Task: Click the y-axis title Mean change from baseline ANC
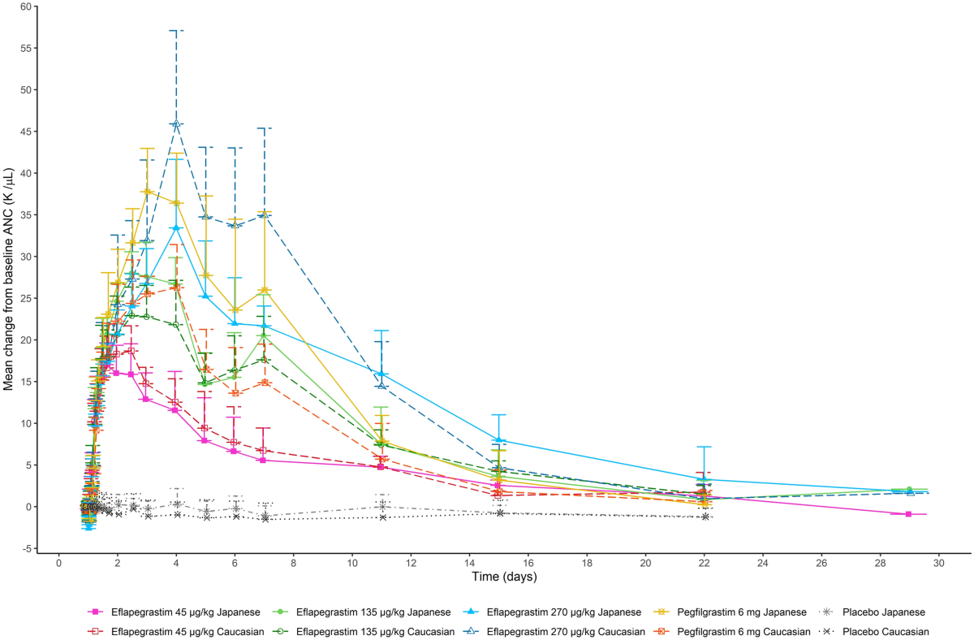click(9, 279)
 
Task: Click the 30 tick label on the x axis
click(939, 562)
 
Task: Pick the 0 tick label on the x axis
click(58, 562)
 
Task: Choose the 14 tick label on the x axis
click(469, 562)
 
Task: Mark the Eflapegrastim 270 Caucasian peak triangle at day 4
click(176, 123)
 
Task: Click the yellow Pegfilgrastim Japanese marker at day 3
click(147, 192)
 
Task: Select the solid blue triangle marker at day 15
click(499, 439)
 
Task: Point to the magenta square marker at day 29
click(909, 514)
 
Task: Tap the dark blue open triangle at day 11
click(381, 385)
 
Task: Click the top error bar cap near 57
click(176, 31)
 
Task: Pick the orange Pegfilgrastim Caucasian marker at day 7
click(265, 383)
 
